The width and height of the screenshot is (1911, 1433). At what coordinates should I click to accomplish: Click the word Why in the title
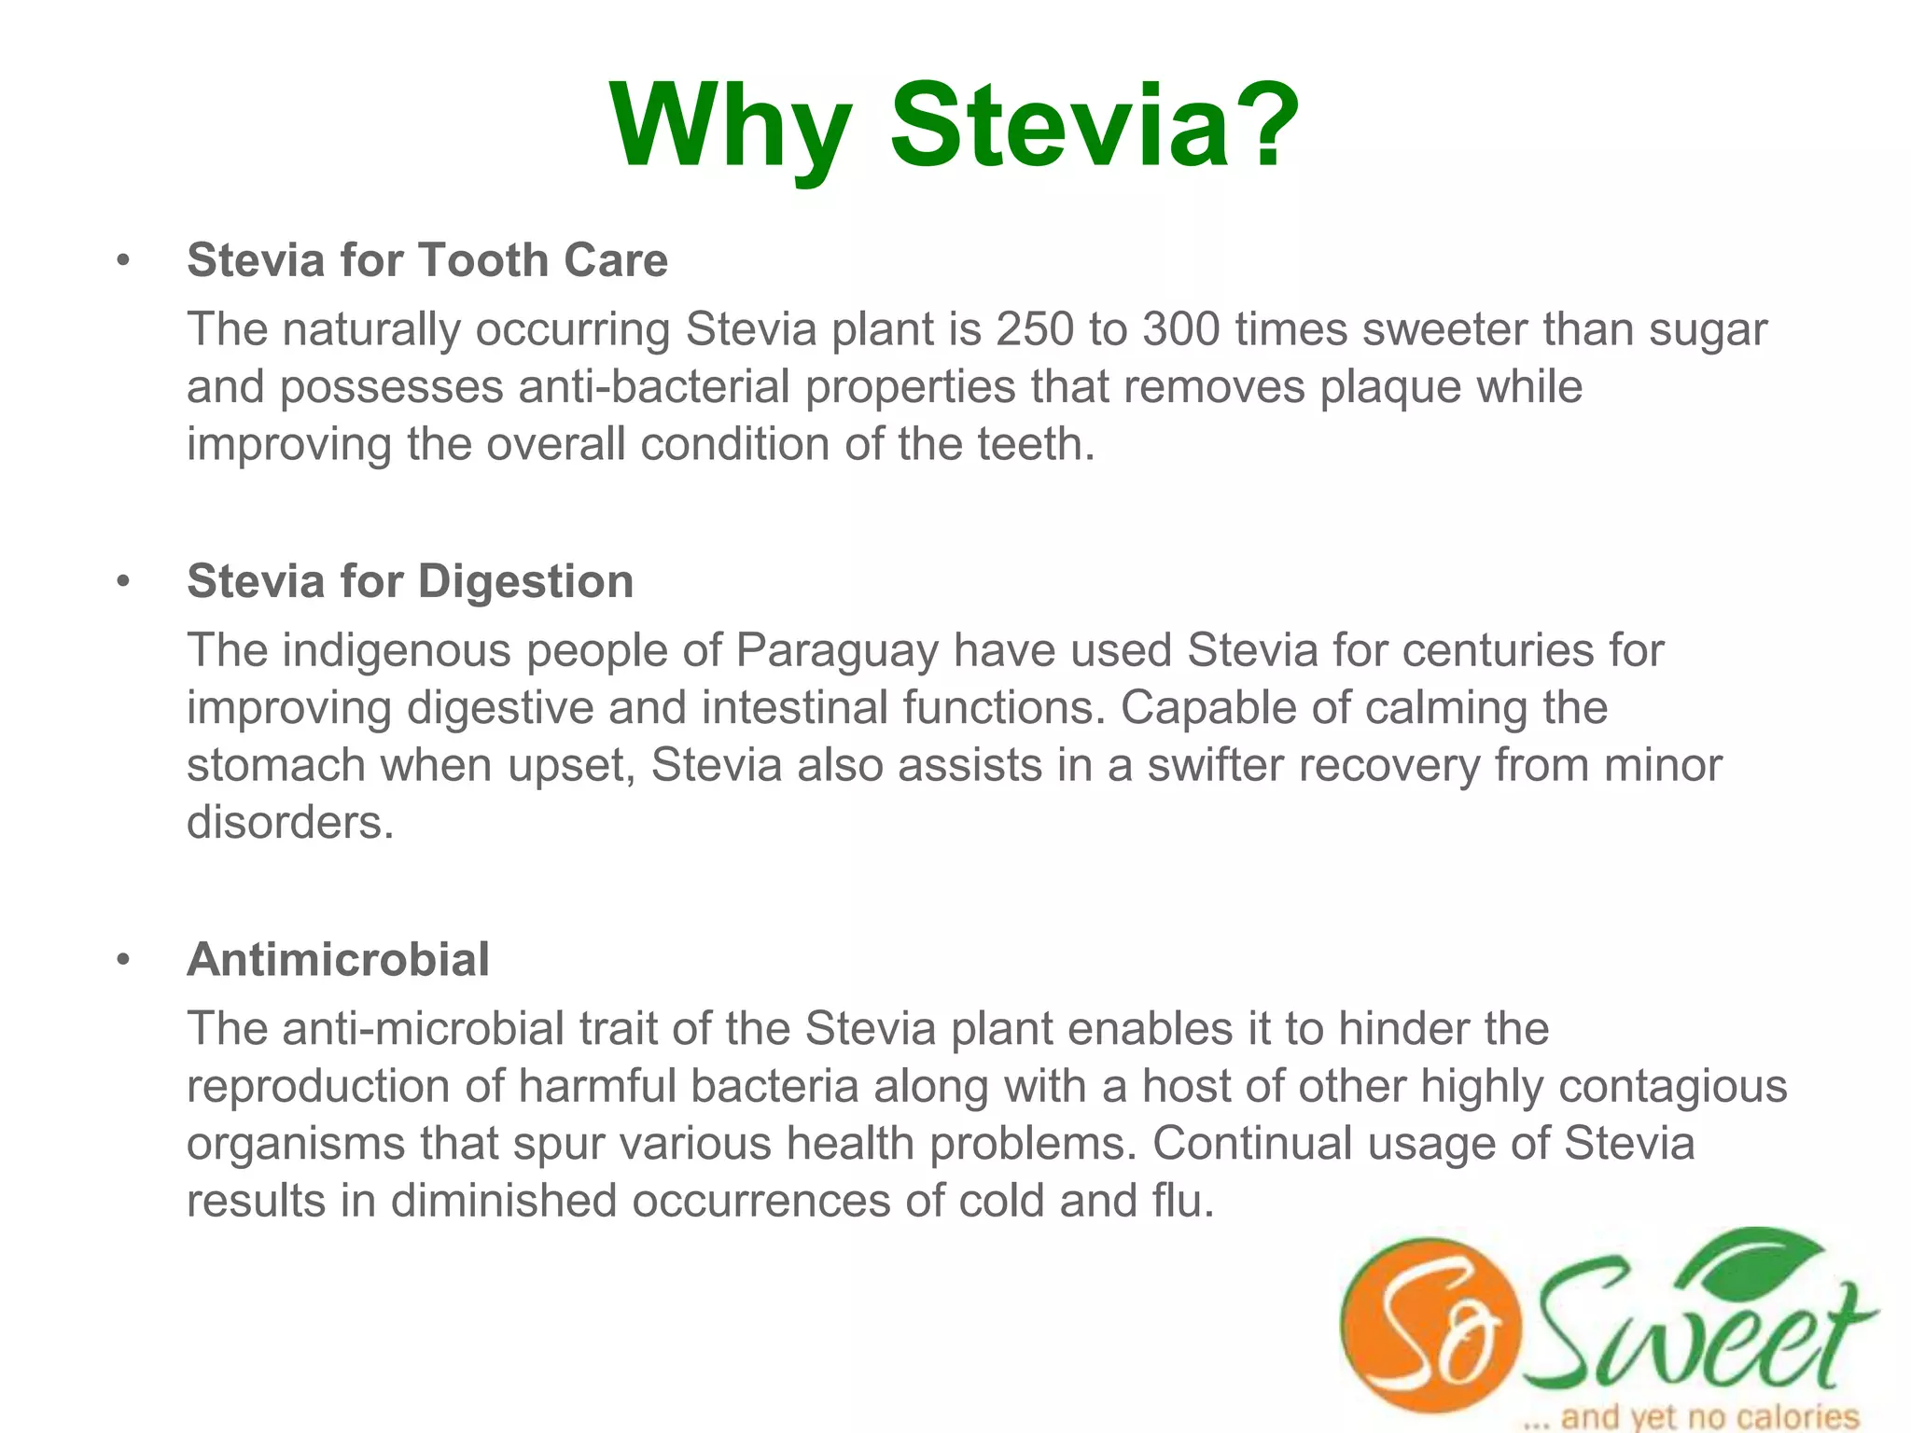click(x=731, y=128)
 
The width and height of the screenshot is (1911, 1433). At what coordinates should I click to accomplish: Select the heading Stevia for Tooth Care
click(x=427, y=259)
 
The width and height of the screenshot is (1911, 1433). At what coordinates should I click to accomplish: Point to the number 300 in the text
click(x=1180, y=329)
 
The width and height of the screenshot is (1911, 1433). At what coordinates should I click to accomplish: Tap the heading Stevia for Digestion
click(x=411, y=581)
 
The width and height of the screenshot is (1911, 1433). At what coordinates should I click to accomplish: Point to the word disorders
click(x=290, y=823)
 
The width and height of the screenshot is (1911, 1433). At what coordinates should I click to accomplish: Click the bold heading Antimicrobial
click(x=338, y=959)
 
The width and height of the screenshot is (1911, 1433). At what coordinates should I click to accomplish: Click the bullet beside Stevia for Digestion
click(x=123, y=582)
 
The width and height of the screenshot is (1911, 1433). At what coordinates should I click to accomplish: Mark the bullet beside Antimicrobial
click(x=123, y=960)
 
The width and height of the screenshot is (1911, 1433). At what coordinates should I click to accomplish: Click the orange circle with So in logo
click(x=1429, y=1325)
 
